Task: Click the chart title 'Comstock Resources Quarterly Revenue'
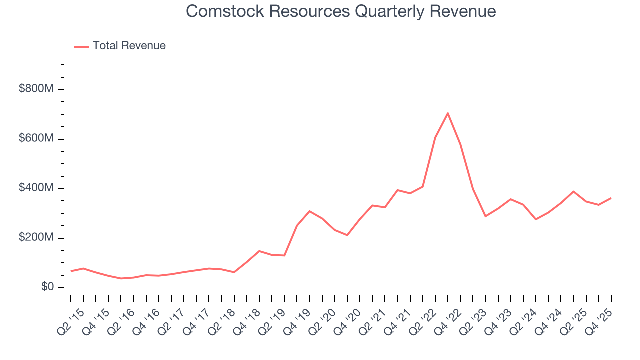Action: tap(341, 11)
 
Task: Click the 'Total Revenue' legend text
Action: tap(129, 46)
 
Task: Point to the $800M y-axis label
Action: tap(36, 89)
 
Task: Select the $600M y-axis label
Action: tap(36, 139)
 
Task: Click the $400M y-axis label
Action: tap(36, 188)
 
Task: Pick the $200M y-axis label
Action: tap(36, 238)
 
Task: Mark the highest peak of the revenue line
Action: tap(448, 113)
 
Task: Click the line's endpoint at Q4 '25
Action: tap(611, 198)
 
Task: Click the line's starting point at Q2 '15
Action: tap(71, 271)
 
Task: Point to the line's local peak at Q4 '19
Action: tap(310, 211)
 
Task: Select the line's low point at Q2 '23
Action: tap(485, 216)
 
